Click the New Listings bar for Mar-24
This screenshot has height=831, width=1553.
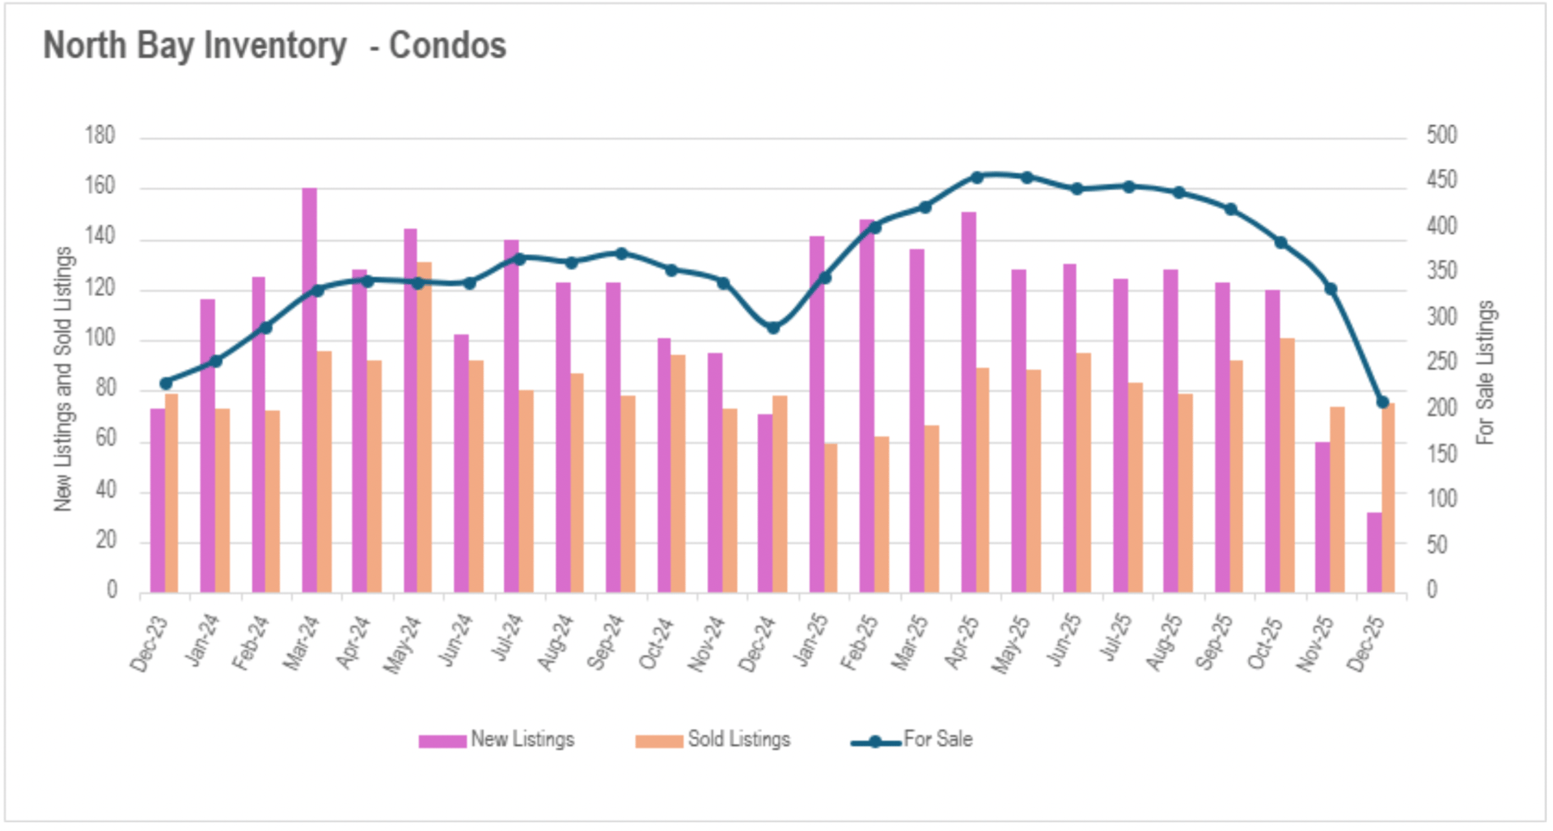309,390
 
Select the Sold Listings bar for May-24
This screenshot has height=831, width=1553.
425,427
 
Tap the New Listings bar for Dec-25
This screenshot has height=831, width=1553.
1374,552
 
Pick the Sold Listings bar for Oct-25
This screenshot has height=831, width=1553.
1287,465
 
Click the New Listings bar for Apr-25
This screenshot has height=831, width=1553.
968,402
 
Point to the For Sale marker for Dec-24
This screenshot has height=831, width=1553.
773,328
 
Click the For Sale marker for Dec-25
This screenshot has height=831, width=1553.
1382,402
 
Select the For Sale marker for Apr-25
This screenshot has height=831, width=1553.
976,177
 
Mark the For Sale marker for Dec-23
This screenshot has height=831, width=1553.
166,384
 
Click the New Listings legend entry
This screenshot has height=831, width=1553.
497,740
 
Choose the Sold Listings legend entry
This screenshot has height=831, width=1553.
713,740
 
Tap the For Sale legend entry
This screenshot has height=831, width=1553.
912,740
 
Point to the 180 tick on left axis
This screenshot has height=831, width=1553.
100,135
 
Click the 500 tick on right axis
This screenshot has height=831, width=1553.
1441,135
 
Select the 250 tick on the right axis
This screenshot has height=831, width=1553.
1441,362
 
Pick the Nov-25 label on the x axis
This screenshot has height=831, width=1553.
1315,642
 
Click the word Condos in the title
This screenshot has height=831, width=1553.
447,46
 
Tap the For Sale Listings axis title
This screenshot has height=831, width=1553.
1485,372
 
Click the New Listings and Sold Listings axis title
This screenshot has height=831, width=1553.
63,379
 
